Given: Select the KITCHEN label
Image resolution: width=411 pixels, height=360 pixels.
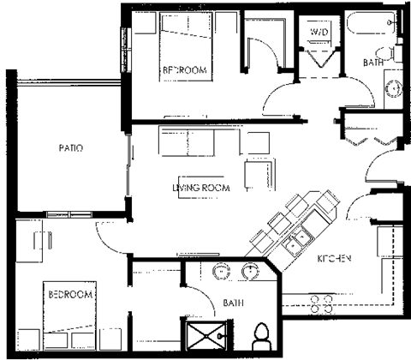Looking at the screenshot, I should [x=335, y=258].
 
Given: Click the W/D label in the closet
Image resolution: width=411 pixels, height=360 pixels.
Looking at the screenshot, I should [x=319, y=33].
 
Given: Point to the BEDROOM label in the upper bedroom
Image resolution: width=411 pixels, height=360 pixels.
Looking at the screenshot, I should [x=185, y=70].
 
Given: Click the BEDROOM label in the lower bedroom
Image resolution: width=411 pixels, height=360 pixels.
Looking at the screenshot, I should [x=69, y=294].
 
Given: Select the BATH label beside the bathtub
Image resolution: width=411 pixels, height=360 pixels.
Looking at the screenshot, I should [x=372, y=63].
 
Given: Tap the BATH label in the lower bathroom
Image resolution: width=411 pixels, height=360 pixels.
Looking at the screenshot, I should [x=234, y=303].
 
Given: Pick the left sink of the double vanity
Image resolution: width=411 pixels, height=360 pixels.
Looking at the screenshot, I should [x=220, y=273].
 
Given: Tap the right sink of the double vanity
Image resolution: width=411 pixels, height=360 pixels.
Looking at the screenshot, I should [x=252, y=273].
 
